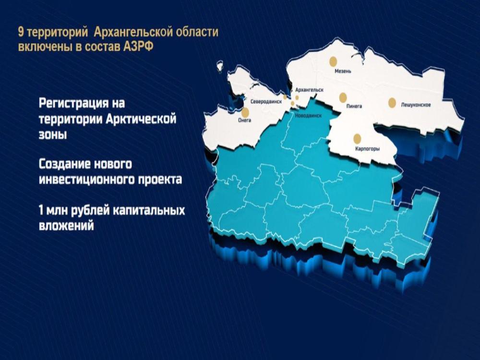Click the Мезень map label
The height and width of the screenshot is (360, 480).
pos(343,72)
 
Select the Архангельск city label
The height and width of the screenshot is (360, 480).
pos(309,90)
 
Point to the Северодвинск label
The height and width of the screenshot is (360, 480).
pos(266,102)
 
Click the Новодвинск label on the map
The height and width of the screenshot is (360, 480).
pos(308,116)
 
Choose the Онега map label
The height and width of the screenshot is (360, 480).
pos(245,120)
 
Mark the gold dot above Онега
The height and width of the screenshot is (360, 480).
pos(245,111)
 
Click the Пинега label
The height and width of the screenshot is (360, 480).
pos(354,106)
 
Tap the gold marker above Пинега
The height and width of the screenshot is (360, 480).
pos(343,97)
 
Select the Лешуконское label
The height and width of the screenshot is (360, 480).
pos(416,105)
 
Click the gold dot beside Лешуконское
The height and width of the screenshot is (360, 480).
pos(392,103)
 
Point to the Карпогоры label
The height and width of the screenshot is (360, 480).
pos(367,149)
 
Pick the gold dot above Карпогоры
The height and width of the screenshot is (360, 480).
pos(357,139)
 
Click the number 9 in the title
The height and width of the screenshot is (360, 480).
pos(21,32)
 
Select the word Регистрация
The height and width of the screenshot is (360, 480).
pos(73,103)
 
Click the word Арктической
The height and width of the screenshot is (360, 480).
pos(141,119)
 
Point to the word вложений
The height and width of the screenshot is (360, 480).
pos(66,226)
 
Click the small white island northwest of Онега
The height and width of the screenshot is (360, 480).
pos(219,65)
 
